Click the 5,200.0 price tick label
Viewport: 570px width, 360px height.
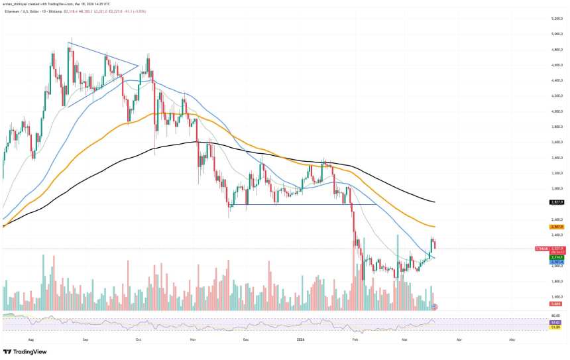(x=555, y=19)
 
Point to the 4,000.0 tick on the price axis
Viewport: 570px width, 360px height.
(x=555, y=111)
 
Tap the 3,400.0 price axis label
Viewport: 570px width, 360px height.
(x=555, y=158)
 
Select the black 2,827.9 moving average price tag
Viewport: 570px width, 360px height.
(x=556, y=202)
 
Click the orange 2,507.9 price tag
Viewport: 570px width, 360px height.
(x=556, y=227)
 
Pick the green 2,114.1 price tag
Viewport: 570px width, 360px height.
(x=556, y=257)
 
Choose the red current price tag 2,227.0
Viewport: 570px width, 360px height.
(x=557, y=249)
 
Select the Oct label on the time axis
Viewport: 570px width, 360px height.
(x=138, y=339)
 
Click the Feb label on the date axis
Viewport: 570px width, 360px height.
(x=355, y=339)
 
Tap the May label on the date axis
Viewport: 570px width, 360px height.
(x=511, y=339)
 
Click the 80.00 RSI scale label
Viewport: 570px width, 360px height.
(x=555, y=316)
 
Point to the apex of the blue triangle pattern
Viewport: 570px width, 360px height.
(x=138, y=65)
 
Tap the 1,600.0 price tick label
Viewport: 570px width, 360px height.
(x=555, y=297)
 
